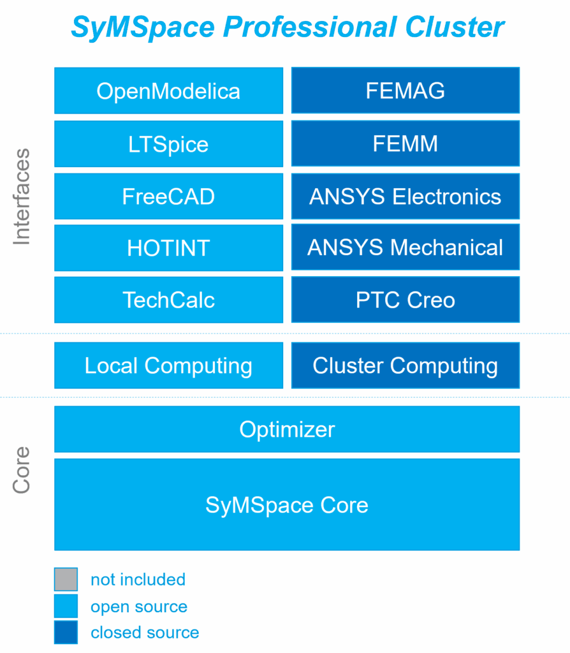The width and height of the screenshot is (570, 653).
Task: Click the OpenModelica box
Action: point(168,91)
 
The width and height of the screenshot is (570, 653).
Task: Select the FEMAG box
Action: point(406,91)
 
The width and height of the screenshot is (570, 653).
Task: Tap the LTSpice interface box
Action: point(168,144)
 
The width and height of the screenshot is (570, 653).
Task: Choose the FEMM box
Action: point(406,144)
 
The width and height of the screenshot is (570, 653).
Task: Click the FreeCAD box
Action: point(168,196)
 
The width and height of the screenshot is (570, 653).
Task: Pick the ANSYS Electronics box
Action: point(406,196)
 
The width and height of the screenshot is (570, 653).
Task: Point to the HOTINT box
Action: point(168,248)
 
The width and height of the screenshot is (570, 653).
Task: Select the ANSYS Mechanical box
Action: point(406,247)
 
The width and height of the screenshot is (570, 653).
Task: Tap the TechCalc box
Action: point(168,300)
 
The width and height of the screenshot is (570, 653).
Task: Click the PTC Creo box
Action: point(406,300)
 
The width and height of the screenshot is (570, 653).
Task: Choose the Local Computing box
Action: point(168,365)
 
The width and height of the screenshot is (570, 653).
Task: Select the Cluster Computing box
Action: point(406,365)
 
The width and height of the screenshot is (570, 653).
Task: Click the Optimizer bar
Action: point(287,429)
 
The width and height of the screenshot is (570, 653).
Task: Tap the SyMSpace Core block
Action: point(287,505)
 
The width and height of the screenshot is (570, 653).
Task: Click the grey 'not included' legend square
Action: point(66,580)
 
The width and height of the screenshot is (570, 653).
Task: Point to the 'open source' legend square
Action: point(66,606)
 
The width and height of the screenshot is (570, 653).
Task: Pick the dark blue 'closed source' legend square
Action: point(66,633)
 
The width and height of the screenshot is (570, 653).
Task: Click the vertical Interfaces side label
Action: point(22,196)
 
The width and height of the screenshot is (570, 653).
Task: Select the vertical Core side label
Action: point(22,469)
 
